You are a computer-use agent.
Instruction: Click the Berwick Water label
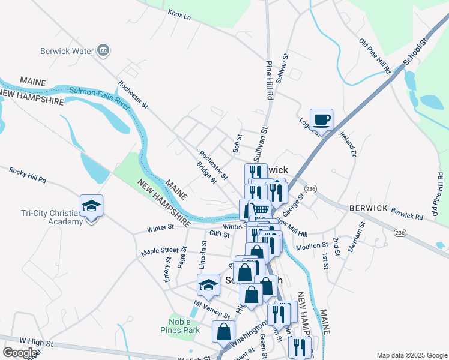[x=67, y=51]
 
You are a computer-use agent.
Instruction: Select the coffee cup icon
[x=321, y=119]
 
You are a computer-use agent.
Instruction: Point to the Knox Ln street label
[x=179, y=14]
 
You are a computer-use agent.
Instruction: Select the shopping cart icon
[x=259, y=209]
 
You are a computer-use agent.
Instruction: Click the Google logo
[x=20, y=353]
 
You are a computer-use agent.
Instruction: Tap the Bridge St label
[x=206, y=173]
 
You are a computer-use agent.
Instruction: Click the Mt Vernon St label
[x=212, y=310]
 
